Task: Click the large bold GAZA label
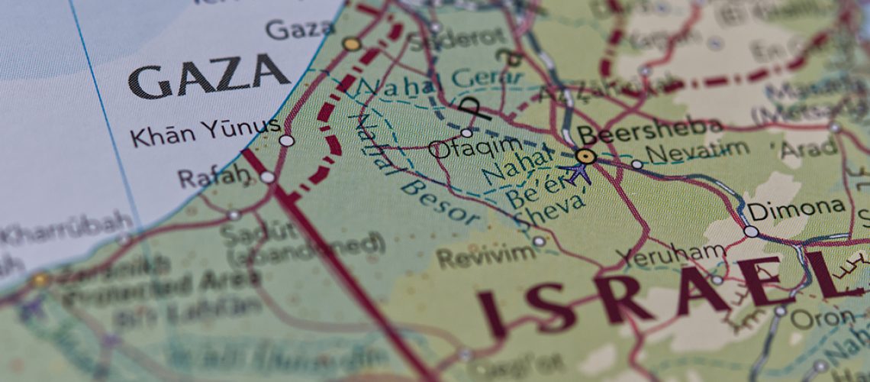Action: [x=208, y=76]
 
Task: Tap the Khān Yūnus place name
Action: [x=205, y=131]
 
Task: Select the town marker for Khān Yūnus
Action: [x=286, y=141]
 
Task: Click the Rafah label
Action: [x=213, y=177]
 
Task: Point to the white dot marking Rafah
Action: [x=267, y=177]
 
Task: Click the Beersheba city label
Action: [x=649, y=131]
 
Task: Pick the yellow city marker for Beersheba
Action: [x=585, y=157]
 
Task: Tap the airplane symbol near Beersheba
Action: [x=576, y=172]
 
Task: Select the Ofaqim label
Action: [x=475, y=146]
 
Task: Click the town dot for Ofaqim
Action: [x=466, y=132]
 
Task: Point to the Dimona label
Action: [x=796, y=208]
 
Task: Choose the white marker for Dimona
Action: [x=751, y=231]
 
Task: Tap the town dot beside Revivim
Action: [x=538, y=241]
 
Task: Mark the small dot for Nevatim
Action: [x=636, y=163]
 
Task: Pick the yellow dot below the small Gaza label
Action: [x=351, y=44]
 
